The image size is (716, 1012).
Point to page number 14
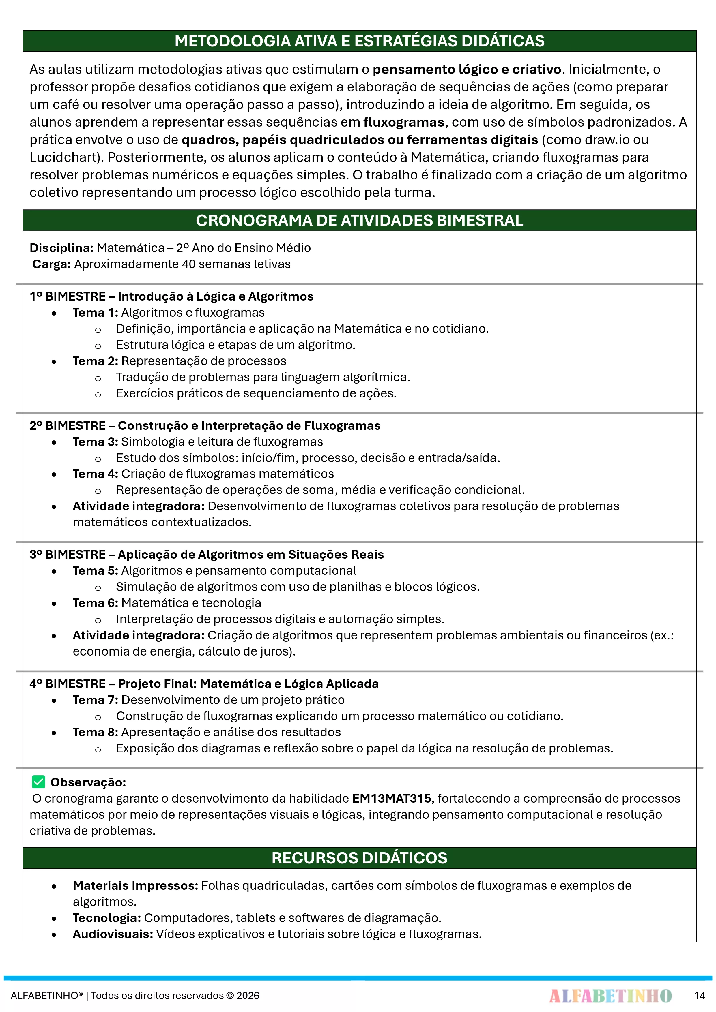(699, 995)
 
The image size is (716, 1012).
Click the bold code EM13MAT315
(391, 798)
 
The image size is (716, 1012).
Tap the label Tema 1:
(95, 313)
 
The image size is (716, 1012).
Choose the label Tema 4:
(95, 474)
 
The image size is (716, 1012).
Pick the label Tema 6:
(95, 603)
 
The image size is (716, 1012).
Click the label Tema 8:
(95, 732)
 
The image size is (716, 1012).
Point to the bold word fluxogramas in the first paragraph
(403, 122)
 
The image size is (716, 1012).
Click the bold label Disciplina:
(61, 248)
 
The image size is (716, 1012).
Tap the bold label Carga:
(52, 264)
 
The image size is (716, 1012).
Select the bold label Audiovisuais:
(113, 934)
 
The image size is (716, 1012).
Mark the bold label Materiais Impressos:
(135, 885)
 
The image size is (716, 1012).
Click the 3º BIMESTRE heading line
(206, 555)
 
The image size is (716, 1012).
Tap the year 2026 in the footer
(248, 996)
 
